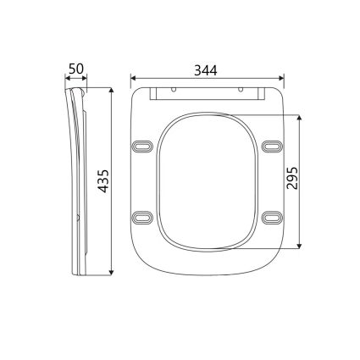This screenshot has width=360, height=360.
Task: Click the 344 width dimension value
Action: tap(208, 70)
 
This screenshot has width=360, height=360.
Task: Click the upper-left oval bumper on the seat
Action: tap(143, 147)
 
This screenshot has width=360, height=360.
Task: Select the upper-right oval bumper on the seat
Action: tap(271, 147)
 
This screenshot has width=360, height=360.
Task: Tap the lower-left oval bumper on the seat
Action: tap(143, 219)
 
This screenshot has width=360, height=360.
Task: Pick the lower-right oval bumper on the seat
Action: tap(271, 219)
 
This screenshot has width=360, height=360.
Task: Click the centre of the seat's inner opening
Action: tap(207, 180)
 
